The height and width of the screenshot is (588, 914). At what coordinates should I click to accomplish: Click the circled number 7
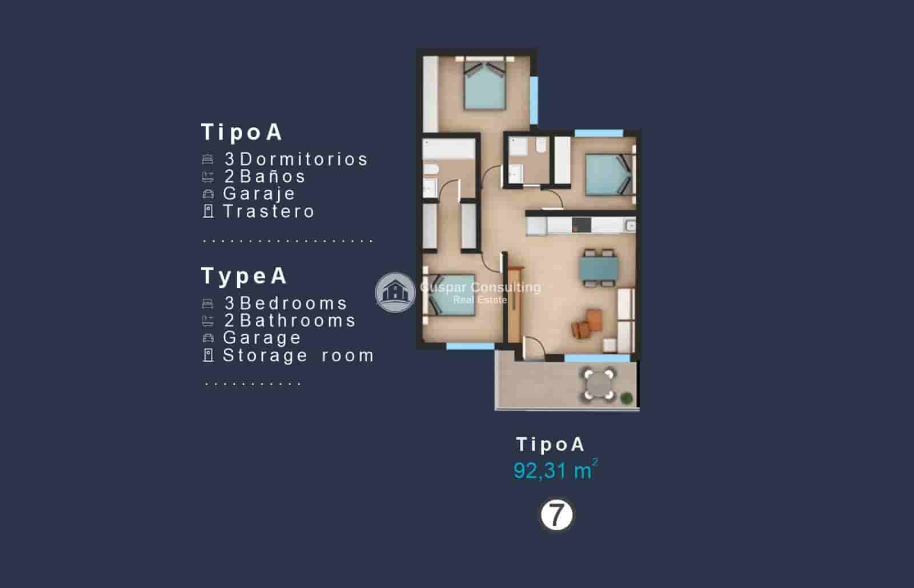(556, 515)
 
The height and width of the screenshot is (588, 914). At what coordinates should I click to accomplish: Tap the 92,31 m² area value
(555, 470)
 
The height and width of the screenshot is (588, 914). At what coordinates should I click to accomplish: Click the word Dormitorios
(304, 159)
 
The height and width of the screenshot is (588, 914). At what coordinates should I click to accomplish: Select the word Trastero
(269, 211)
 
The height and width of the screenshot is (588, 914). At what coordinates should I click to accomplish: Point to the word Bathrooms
(298, 321)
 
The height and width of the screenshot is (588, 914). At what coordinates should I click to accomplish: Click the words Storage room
(298, 355)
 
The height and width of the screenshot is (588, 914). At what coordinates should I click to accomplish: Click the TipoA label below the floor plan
(550, 444)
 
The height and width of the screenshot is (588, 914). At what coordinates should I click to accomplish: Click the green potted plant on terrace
(627, 397)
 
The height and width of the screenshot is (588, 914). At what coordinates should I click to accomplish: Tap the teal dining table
(598, 267)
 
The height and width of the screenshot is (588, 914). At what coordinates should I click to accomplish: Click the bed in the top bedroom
(484, 86)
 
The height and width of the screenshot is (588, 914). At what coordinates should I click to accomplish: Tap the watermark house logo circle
(395, 292)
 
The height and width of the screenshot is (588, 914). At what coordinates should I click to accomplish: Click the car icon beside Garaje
(208, 194)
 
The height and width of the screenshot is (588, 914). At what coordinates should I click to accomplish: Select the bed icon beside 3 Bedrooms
(208, 303)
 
